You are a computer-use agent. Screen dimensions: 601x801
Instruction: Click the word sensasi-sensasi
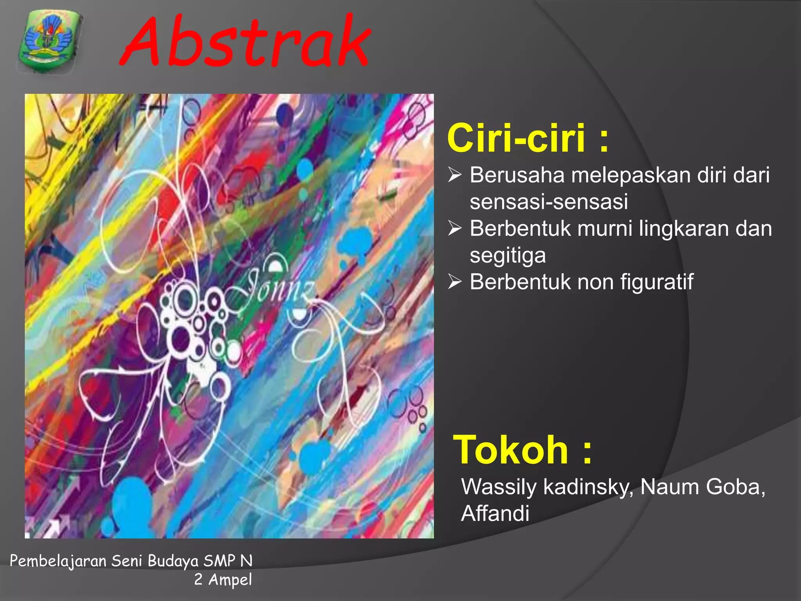(549, 202)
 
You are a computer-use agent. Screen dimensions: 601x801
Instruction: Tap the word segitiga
(508, 256)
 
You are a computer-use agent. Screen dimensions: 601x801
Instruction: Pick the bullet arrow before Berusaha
(455, 175)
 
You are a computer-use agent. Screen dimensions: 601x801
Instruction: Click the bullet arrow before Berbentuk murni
(455, 228)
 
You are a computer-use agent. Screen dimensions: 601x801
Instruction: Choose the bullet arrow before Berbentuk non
(455, 281)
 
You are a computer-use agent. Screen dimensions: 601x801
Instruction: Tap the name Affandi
(495, 514)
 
